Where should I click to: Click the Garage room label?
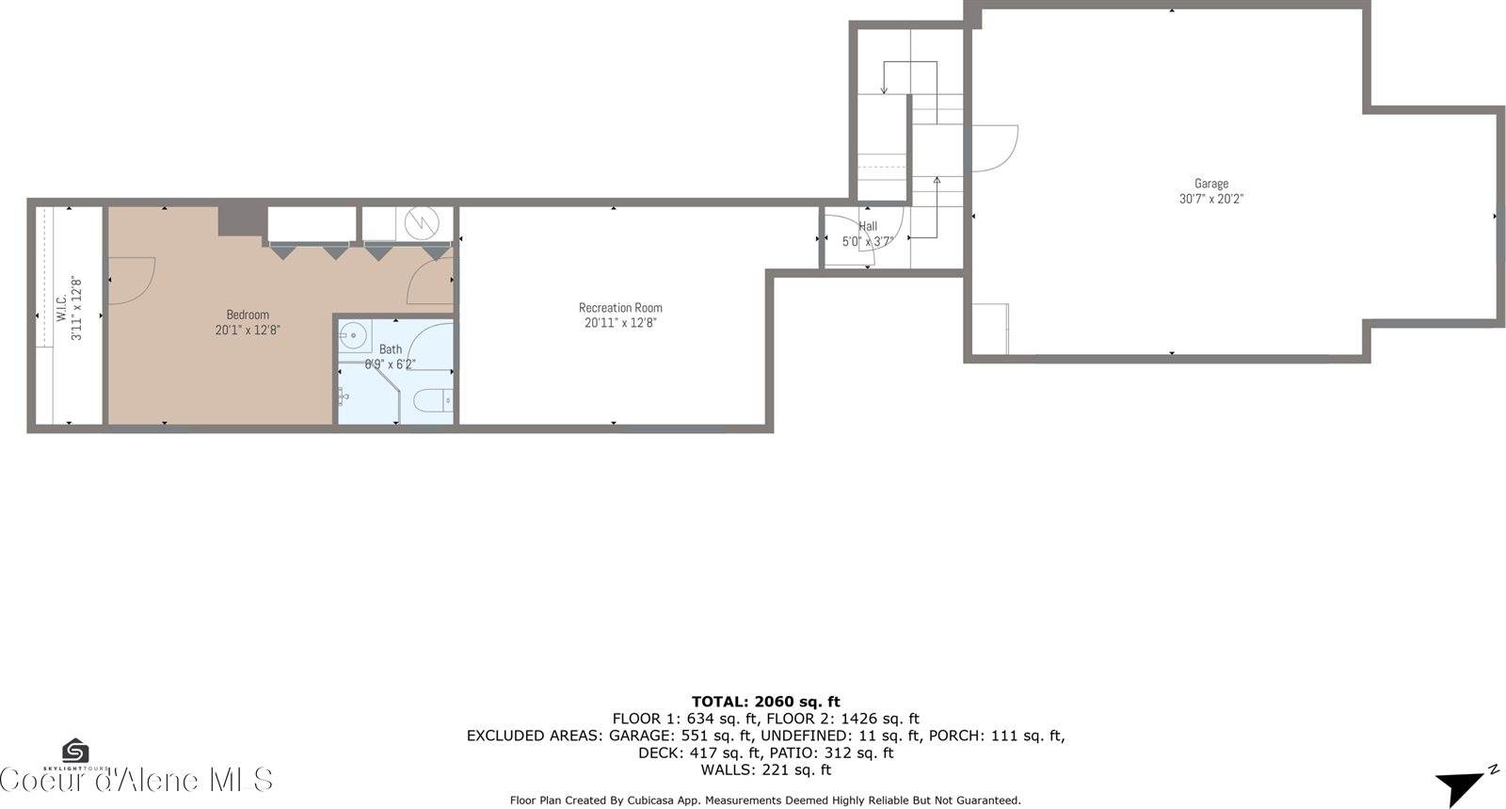(1210, 184)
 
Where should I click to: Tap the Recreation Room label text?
(620, 308)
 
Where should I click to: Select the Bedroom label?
(248, 315)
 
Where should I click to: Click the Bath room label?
(390, 349)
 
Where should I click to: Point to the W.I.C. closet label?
(60, 309)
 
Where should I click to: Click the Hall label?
(868, 226)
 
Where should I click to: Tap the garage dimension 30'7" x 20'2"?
(1210, 199)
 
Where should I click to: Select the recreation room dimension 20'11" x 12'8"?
(620, 323)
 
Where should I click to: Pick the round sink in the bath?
(354, 334)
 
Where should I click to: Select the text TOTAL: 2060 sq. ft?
(765, 702)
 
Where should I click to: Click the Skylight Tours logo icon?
(75, 751)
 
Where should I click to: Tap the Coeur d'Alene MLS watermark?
(136, 780)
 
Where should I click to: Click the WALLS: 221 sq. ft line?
(765, 769)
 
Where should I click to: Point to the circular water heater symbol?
(422, 223)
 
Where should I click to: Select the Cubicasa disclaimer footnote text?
(765, 801)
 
